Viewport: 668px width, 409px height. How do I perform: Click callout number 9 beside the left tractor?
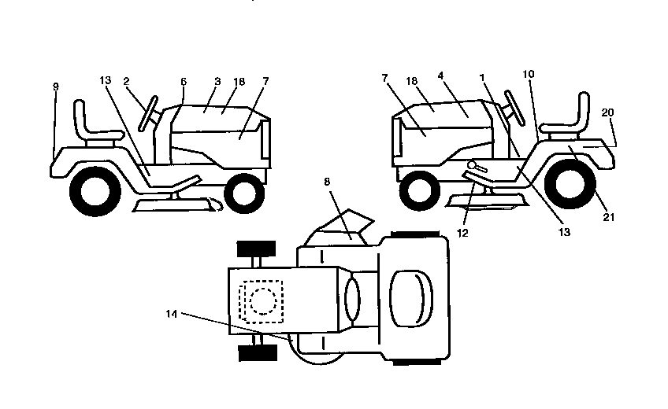55,87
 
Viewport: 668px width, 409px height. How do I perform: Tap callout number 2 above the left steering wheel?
126,81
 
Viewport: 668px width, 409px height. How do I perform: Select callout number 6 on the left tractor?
184,81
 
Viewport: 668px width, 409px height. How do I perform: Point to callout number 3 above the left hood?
217,81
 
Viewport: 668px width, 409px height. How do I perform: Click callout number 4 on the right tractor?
440,76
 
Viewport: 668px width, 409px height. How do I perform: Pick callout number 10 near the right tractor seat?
529,74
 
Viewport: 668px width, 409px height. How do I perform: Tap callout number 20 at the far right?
607,112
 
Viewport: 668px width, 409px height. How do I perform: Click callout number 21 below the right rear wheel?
609,217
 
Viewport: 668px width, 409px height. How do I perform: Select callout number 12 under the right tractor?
462,233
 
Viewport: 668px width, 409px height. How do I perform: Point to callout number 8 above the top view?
327,182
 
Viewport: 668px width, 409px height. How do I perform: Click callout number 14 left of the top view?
171,314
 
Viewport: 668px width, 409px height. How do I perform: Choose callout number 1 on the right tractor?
482,77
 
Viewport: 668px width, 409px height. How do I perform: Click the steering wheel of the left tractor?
148,113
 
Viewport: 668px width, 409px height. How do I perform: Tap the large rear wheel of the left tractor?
95,191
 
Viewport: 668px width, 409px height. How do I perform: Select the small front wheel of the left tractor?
244,193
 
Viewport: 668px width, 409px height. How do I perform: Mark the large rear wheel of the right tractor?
570,184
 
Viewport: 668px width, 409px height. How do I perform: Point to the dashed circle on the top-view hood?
263,301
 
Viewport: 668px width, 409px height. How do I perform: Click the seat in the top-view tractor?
411,298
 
